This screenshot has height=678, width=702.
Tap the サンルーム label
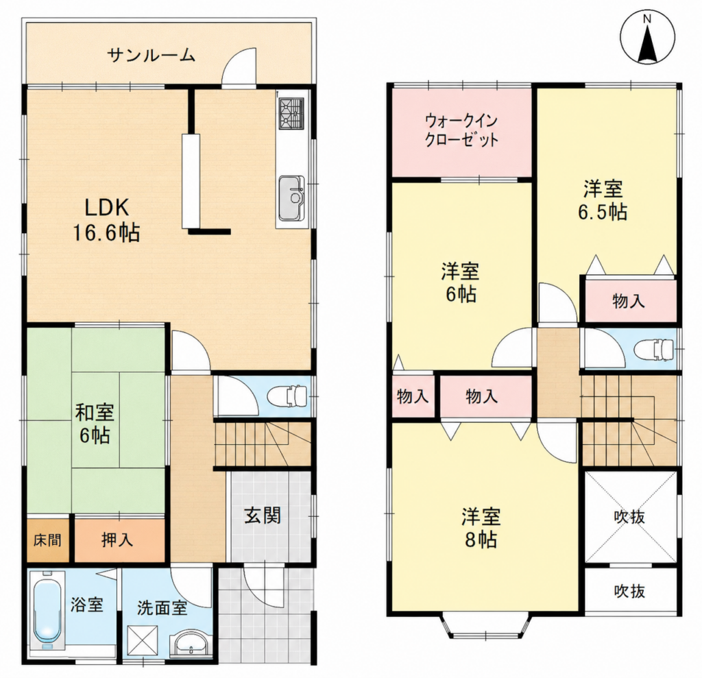click(152, 56)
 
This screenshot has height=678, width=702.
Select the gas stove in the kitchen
click(291, 113)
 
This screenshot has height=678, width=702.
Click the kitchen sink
click(291, 198)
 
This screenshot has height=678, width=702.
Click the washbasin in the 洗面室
click(191, 644)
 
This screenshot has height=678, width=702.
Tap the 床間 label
click(47, 540)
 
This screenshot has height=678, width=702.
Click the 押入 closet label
click(117, 540)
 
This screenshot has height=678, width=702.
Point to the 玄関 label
click(263, 516)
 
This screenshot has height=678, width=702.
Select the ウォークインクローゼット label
click(461, 130)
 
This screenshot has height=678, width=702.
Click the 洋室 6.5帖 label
click(603, 199)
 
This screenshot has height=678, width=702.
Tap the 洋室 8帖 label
click(481, 528)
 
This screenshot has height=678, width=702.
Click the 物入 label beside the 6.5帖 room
click(629, 301)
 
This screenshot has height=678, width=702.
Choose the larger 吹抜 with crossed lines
click(630, 516)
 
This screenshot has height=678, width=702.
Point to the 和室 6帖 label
click(95, 424)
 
